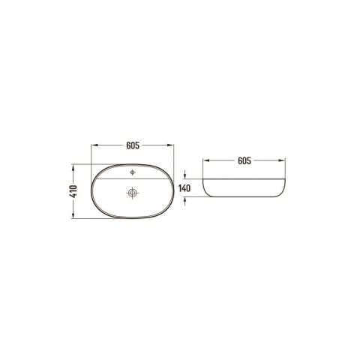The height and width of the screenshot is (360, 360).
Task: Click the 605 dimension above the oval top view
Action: click(x=133, y=145)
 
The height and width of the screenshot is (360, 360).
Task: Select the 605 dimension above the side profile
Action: click(x=244, y=160)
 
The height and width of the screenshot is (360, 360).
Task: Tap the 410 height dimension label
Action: click(x=74, y=191)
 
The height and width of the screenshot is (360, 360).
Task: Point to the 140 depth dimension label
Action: click(x=184, y=188)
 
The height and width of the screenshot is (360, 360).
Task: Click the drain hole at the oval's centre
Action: click(x=132, y=193)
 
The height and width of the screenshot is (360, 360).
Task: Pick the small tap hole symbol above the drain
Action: click(x=133, y=172)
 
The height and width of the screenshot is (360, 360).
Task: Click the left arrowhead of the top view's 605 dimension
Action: click(x=94, y=145)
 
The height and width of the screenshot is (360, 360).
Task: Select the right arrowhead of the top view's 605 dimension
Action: click(x=170, y=145)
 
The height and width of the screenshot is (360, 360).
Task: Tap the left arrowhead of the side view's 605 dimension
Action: click(x=206, y=160)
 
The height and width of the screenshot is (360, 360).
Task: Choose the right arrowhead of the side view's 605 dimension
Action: click(x=282, y=160)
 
